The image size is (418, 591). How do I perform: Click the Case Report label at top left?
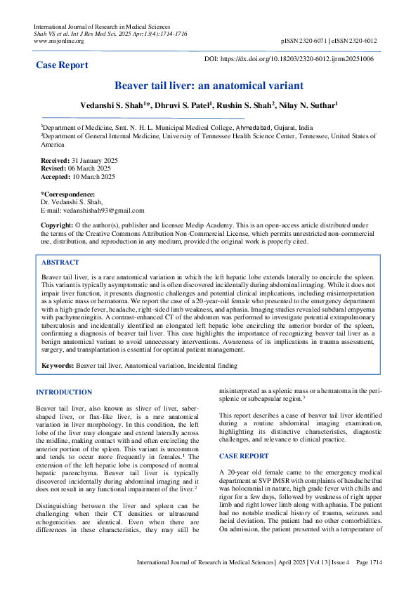(x=63, y=65)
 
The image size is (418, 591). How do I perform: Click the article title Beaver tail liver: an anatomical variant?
(x=209, y=86)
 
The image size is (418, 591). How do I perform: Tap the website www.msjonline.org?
(x=59, y=41)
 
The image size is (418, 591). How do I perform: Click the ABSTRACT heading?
(x=60, y=262)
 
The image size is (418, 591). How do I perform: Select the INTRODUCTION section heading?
(x=64, y=392)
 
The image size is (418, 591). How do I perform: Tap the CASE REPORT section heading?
(x=244, y=456)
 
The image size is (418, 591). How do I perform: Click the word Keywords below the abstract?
(x=58, y=366)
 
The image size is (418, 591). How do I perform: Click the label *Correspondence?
(x=68, y=194)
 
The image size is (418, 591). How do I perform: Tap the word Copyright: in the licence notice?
(x=56, y=225)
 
